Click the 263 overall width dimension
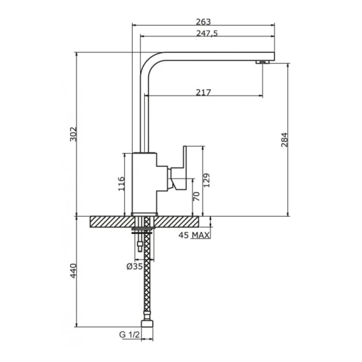point(203,22)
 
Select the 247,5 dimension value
point(207,33)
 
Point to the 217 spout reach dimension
point(203,92)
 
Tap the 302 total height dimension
point(73,134)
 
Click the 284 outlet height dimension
point(284,140)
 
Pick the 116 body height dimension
point(121,184)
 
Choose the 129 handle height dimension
point(206,180)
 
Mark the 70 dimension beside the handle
point(196,196)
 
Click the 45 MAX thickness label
point(194,235)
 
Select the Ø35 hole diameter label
point(134,266)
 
